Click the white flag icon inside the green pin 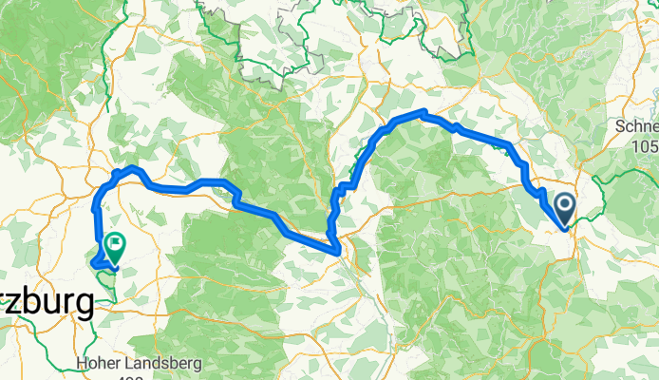[115, 243]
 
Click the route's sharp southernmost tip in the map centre [336, 251]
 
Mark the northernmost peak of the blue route [423, 114]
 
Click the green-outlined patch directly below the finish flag [107, 285]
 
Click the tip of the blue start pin [564, 227]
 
